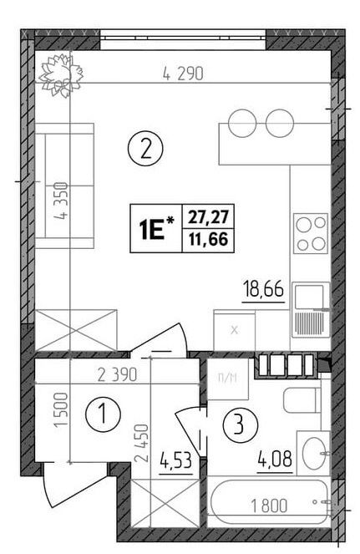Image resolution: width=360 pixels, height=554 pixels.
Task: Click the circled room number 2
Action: tap(145, 150)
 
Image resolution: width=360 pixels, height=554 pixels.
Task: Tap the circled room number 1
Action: tap(104, 414)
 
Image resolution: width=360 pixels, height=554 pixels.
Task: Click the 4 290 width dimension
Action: tap(183, 74)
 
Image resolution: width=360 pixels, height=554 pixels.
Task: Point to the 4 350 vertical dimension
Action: tap(62, 201)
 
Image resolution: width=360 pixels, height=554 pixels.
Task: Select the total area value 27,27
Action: tap(208, 216)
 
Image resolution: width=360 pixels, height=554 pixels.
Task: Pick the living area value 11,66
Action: tap(208, 240)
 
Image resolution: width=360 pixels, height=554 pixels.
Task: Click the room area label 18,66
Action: tap(264, 290)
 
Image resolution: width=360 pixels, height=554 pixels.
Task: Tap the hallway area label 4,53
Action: tap(176, 460)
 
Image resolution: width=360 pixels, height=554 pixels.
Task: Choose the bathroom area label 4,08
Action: tap(276, 460)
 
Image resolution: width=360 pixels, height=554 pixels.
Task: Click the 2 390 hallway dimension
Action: tap(117, 375)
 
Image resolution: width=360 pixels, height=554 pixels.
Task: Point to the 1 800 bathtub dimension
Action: tap(269, 506)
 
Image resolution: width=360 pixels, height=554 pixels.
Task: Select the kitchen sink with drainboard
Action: tap(311, 310)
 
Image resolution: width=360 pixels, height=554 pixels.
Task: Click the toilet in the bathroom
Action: tap(302, 399)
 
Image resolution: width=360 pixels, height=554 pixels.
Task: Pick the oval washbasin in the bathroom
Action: tap(314, 453)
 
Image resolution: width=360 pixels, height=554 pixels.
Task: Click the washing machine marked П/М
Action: tap(228, 379)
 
